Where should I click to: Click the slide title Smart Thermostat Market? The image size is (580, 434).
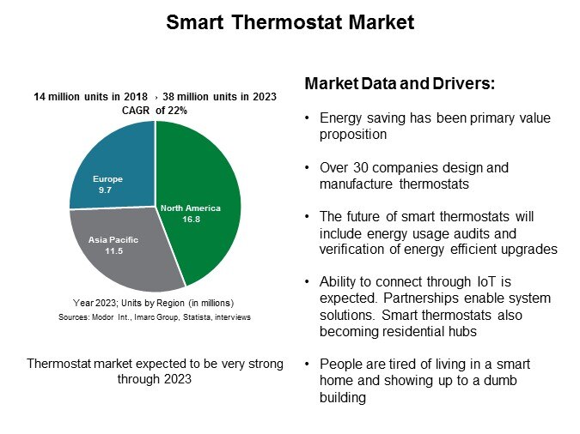pyautogui.click(x=290, y=22)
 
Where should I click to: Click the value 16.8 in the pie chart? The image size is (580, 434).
pyautogui.click(x=190, y=219)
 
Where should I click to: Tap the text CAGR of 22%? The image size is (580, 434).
pyautogui.click(x=155, y=111)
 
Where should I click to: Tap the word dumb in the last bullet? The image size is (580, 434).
pyautogui.click(x=521, y=381)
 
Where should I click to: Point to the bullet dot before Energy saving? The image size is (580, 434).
pyautogui.click(x=308, y=118)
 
